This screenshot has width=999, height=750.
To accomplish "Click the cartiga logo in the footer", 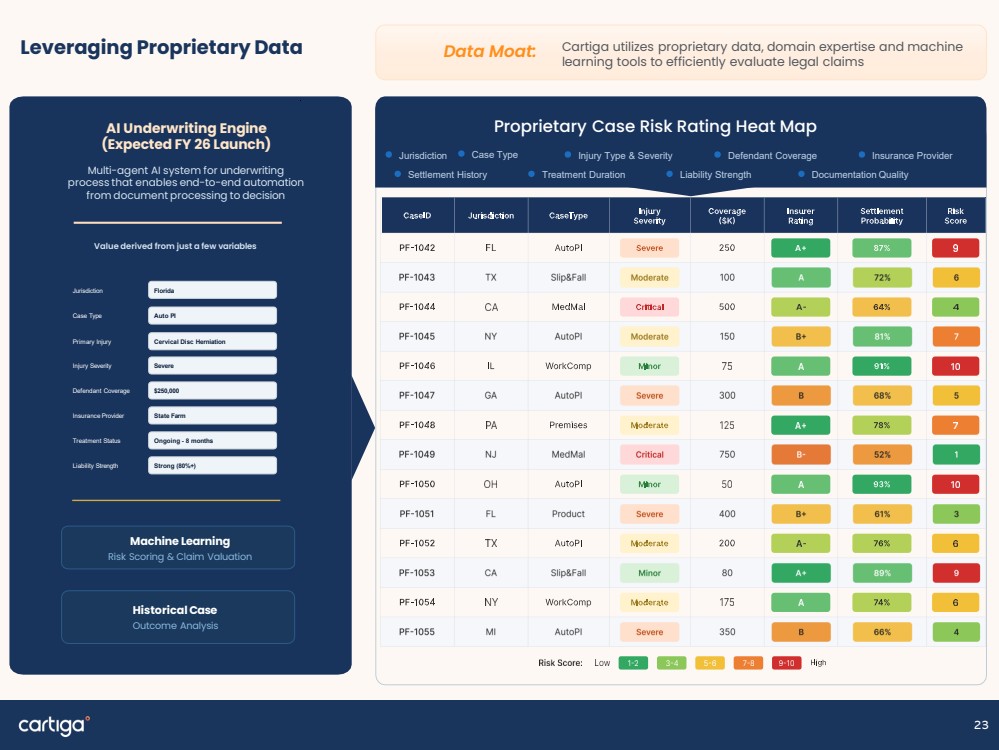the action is pyautogui.click(x=54, y=725).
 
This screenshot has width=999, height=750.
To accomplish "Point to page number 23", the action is pyautogui.click(x=981, y=725).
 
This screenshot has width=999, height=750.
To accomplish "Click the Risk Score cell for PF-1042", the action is pyautogui.click(x=955, y=248).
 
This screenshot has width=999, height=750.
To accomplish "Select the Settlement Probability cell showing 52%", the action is pyautogui.click(x=882, y=454).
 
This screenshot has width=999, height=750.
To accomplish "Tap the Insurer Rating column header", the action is pyautogui.click(x=800, y=215).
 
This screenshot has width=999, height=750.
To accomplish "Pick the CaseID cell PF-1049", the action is pyautogui.click(x=417, y=454).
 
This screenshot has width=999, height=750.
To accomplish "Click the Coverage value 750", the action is pyautogui.click(x=727, y=454).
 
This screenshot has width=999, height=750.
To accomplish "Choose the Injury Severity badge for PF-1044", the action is pyautogui.click(x=649, y=307).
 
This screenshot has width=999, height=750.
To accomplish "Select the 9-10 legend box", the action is pyautogui.click(x=786, y=663).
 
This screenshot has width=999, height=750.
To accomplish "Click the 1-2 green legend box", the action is pyautogui.click(x=633, y=663).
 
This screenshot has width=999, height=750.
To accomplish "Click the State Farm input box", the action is pyautogui.click(x=212, y=415).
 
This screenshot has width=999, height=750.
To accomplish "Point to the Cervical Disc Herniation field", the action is pyautogui.click(x=212, y=341).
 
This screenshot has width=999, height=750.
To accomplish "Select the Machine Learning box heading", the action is pyautogui.click(x=180, y=541).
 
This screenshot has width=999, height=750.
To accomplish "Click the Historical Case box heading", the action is pyautogui.click(x=175, y=610).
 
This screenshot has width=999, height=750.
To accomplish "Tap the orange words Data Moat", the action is pyautogui.click(x=489, y=52).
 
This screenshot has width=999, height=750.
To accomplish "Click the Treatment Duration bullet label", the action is pyautogui.click(x=583, y=175).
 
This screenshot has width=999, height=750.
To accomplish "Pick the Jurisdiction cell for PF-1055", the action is pyautogui.click(x=491, y=631).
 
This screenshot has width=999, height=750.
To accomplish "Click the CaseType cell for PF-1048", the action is pyautogui.click(x=568, y=425).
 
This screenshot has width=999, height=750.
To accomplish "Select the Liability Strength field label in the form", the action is pyautogui.click(x=95, y=466).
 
